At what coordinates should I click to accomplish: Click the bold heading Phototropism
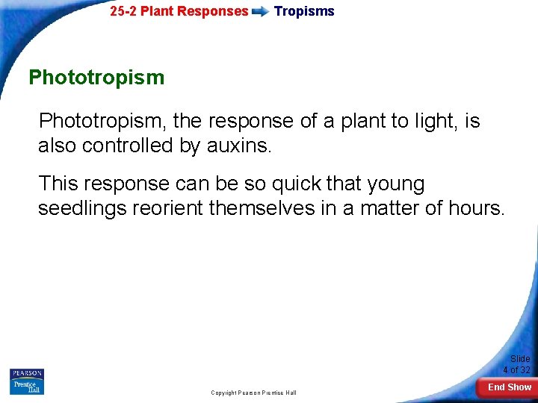(x=96, y=78)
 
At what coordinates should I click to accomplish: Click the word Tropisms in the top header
(x=304, y=11)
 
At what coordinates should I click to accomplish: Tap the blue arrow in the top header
(x=261, y=12)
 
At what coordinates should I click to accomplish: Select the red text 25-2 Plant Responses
(x=179, y=11)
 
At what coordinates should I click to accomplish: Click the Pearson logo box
(x=27, y=374)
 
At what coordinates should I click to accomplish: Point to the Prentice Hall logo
(x=27, y=387)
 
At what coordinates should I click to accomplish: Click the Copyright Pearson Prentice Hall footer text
(x=253, y=393)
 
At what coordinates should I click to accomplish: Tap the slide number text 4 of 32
(x=516, y=370)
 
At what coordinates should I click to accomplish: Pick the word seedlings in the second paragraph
(x=82, y=208)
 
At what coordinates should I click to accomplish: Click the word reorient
(x=168, y=208)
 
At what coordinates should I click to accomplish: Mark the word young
(x=396, y=184)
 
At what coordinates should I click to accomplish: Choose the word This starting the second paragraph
(x=58, y=184)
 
